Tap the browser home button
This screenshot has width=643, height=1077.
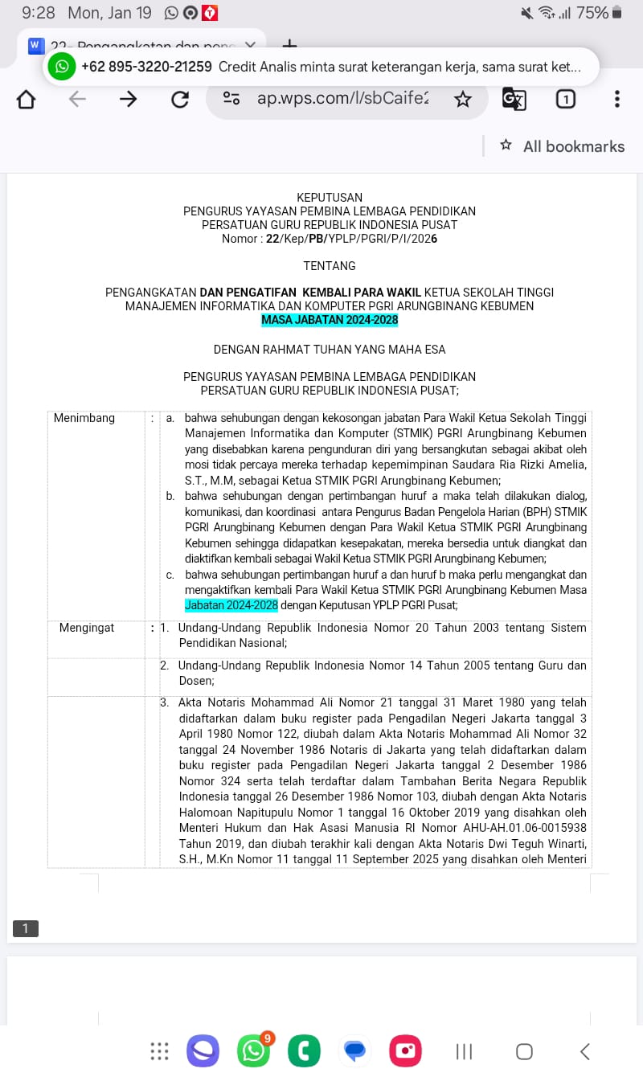[27, 99]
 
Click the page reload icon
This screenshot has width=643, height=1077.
[180, 99]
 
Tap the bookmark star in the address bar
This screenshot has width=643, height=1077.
[463, 99]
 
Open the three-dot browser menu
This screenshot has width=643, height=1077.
[616, 99]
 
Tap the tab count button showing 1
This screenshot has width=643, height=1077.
[566, 99]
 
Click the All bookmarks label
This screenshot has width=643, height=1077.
[573, 146]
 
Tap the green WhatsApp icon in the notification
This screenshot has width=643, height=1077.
[62, 67]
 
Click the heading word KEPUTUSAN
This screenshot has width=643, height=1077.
[330, 197]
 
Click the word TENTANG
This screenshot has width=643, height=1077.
[330, 265]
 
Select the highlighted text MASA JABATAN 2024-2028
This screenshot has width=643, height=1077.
[330, 320]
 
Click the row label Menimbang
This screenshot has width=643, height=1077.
[84, 418]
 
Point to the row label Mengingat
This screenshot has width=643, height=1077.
[87, 628]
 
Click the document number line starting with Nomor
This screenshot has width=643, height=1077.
[330, 238]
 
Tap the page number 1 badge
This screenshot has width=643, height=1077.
[25, 928]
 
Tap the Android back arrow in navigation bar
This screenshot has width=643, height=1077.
[585, 1051]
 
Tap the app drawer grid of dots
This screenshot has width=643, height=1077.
[159, 1051]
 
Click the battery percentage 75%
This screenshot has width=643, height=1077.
[592, 13]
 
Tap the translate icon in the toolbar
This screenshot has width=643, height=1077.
[514, 99]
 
